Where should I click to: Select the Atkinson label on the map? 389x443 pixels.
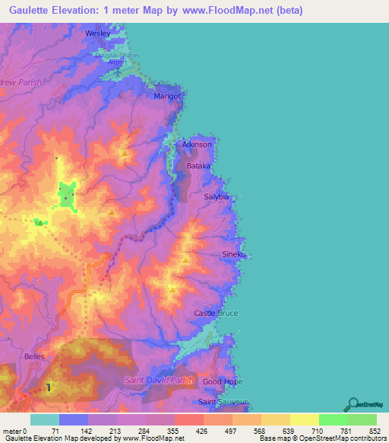(197, 144)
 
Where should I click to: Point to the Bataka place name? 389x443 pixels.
(198, 165)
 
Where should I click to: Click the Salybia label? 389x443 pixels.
(217, 196)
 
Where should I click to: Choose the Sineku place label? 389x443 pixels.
(233, 254)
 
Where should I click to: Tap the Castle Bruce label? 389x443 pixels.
(216, 313)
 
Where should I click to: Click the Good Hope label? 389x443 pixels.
(222, 381)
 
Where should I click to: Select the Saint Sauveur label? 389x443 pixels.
(218, 401)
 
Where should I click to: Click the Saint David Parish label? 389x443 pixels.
(160, 380)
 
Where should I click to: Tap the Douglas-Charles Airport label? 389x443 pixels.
(118, 58)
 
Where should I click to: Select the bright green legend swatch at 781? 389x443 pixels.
(334, 419)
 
